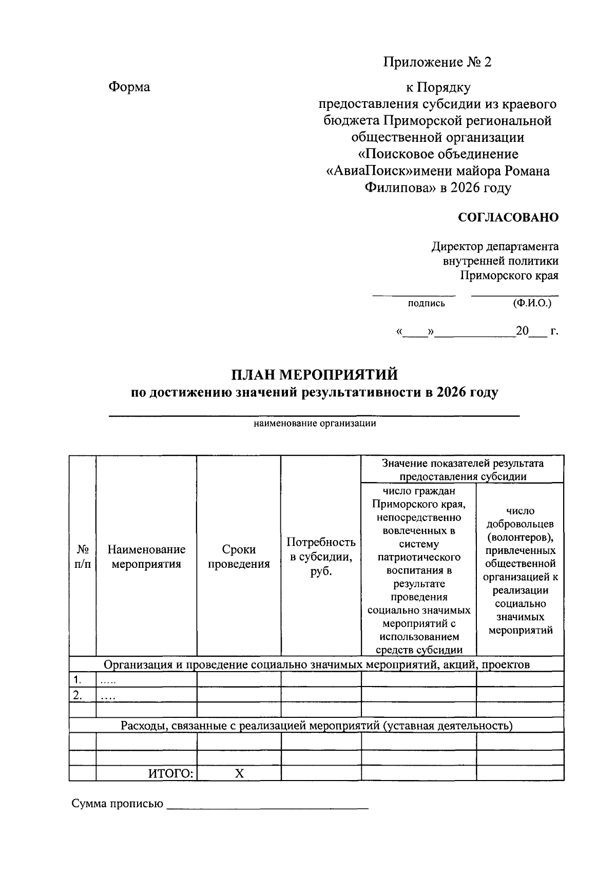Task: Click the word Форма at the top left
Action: point(129,87)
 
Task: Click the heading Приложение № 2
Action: point(437,62)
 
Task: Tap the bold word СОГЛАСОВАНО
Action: point(508,217)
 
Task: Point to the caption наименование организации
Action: point(315,423)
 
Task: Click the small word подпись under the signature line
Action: point(426,303)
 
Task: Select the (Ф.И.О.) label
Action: point(532,303)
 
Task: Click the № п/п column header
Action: point(82,557)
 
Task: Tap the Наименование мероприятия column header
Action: point(146,557)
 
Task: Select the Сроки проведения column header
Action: point(239,557)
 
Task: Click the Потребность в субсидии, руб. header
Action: point(321,557)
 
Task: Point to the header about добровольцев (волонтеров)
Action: point(520,570)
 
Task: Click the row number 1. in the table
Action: point(78,680)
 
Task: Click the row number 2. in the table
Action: point(78,695)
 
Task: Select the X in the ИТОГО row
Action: point(239,773)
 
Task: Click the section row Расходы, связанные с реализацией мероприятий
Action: point(316,726)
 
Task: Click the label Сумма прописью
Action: point(117,804)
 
